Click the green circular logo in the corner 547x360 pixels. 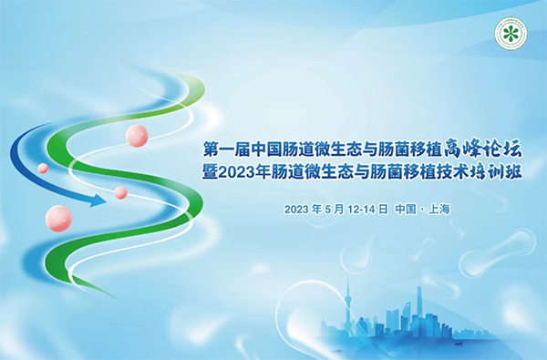pyautogui.click(x=512, y=34)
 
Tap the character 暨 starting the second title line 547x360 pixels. pyautogui.click(x=212, y=173)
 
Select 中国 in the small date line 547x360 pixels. pyautogui.click(x=406, y=210)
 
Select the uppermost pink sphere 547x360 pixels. pyautogui.click(x=137, y=136)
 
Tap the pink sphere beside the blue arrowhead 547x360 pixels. pyautogui.click(x=120, y=192)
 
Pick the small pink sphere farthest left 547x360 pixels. pyautogui.click(x=43, y=169)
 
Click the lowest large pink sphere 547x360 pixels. pyautogui.click(x=59, y=218)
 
